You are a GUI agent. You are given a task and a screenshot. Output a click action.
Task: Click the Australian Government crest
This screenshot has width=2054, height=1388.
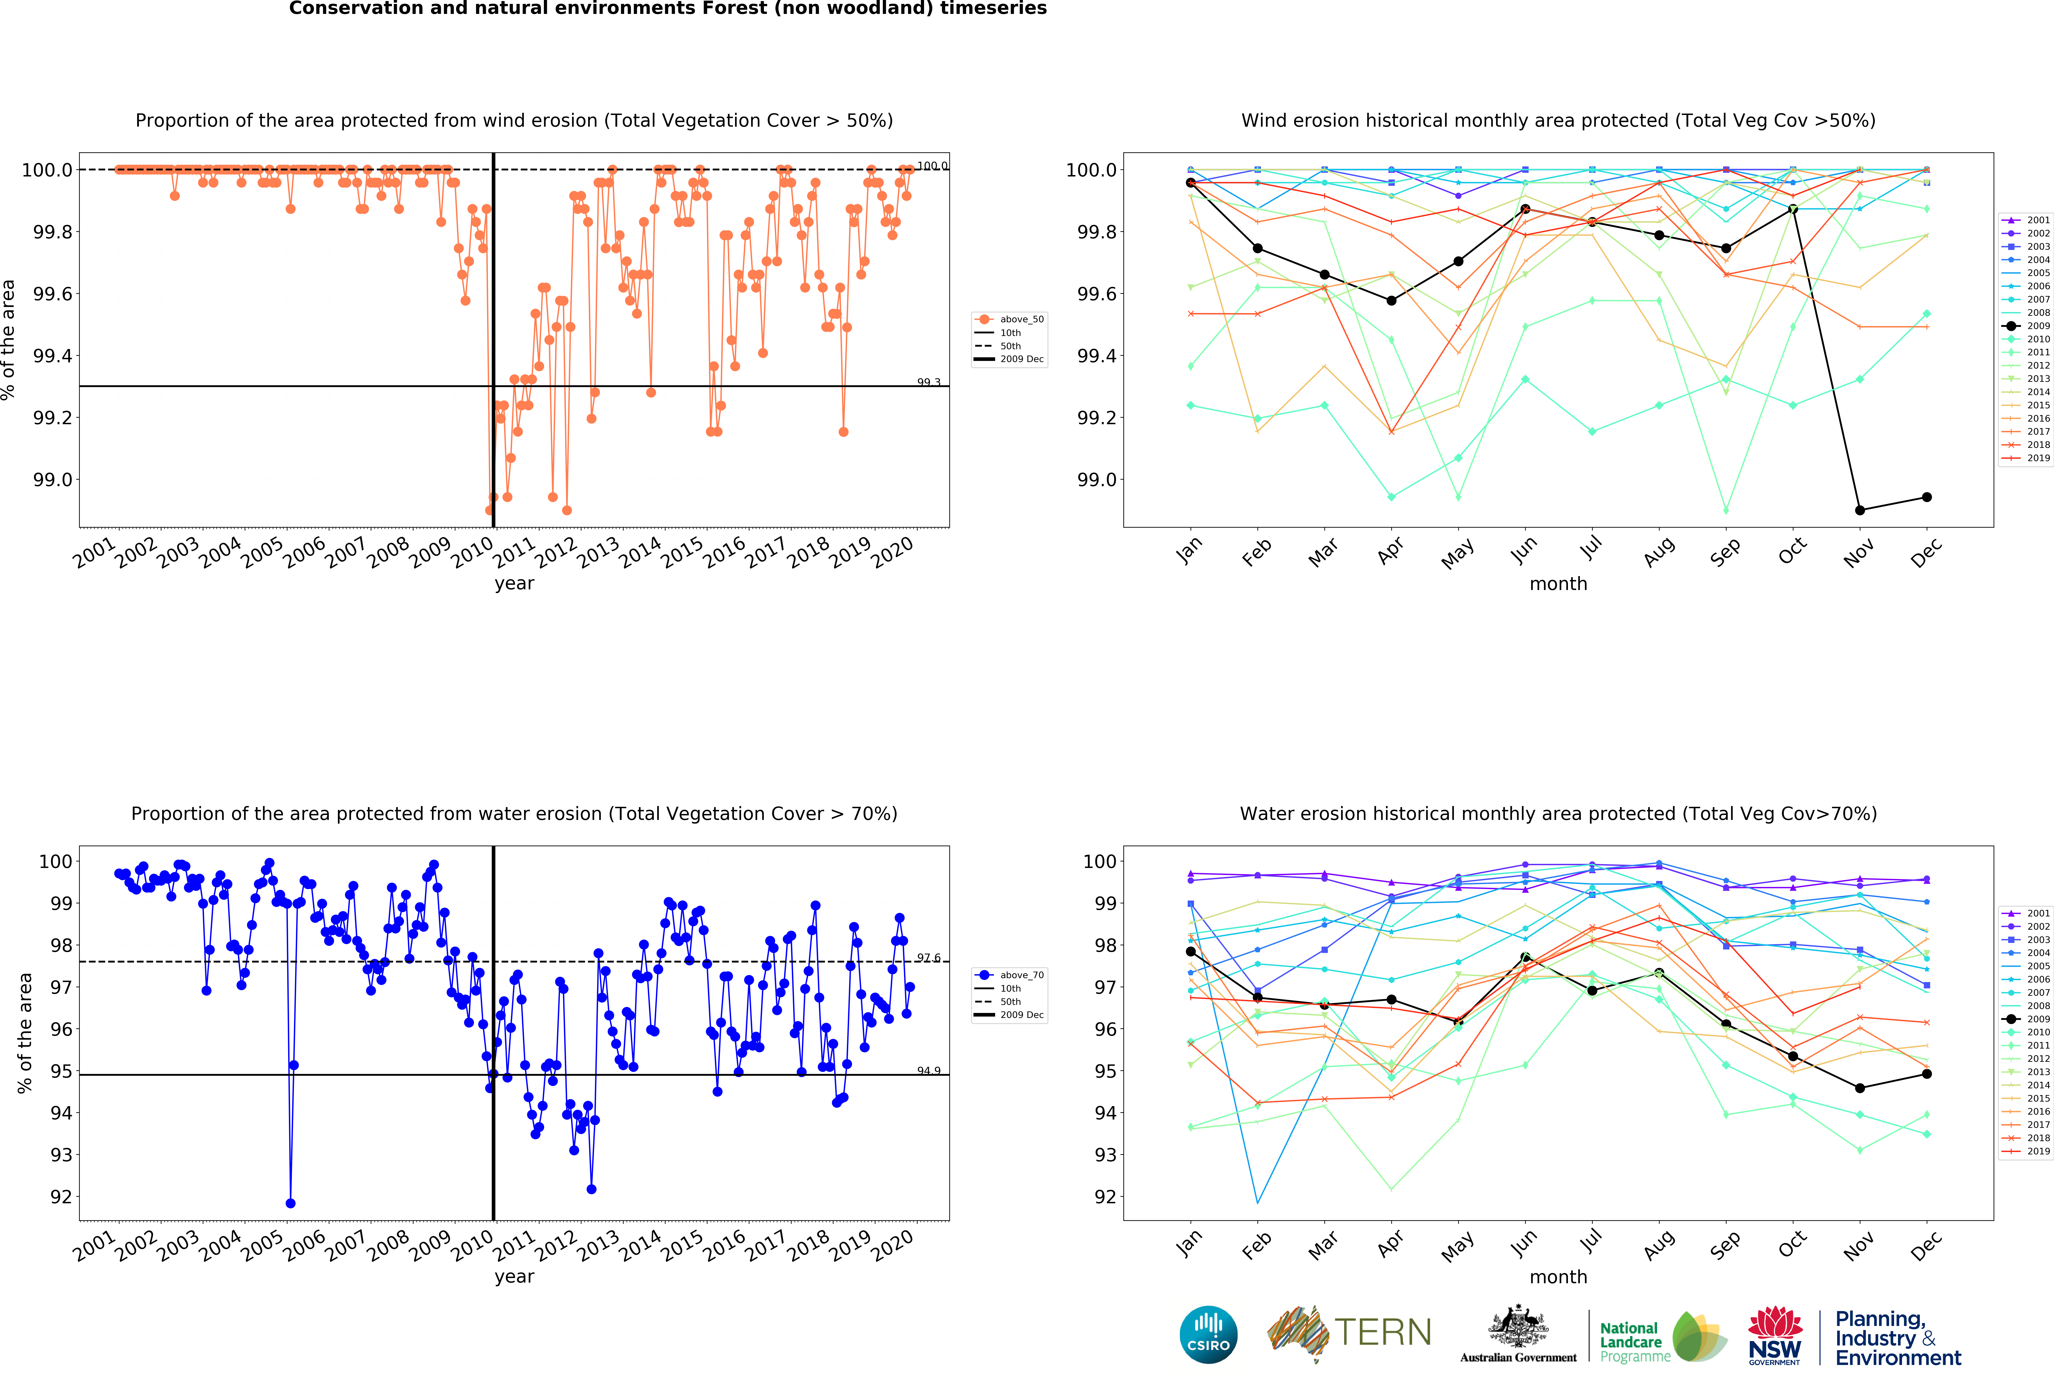click(x=1518, y=1329)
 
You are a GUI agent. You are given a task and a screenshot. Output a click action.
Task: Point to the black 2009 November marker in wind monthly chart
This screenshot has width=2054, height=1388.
click(x=1860, y=510)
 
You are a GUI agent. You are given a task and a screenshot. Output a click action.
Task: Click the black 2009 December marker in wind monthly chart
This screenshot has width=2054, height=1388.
click(x=1927, y=497)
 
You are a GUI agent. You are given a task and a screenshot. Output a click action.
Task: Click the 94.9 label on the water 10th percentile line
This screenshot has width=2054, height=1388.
click(x=928, y=1071)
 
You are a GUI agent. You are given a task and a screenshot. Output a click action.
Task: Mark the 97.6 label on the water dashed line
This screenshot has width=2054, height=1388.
click(x=928, y=957)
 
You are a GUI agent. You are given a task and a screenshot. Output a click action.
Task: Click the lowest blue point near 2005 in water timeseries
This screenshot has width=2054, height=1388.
click(x=291, y=1203)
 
